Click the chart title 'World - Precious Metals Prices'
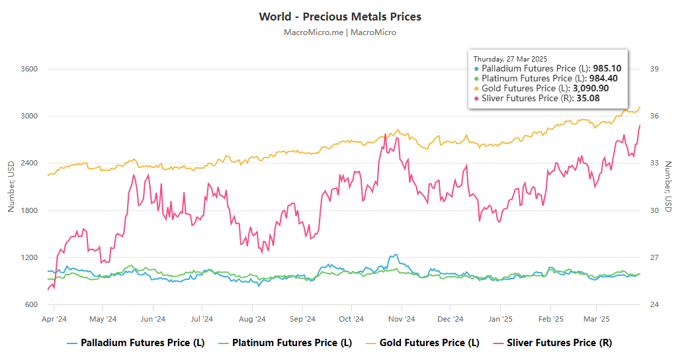(x=340, y=17)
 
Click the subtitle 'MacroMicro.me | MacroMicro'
(x=340, y=32)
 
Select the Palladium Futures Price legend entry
(x=136, y=343)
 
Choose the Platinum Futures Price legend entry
(x=285, y=343)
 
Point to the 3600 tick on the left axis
(x=29, y=69)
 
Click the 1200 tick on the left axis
(x=29, y=257)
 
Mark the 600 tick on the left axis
(x=31, y=304)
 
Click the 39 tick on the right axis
(x=654, y=69)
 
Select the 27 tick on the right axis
(x=654, y=257)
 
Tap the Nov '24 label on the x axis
(x=402, y=319)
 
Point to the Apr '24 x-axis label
(x=54, y=319)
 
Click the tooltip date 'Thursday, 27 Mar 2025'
(x=510, y=59)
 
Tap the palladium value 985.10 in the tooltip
(x=606, y=68)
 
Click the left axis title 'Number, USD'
(x=11, y=187)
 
